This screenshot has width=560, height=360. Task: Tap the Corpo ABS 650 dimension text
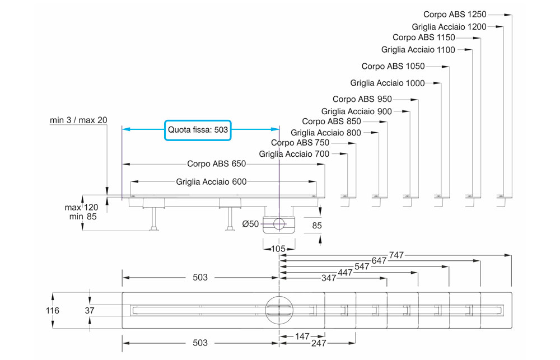216,164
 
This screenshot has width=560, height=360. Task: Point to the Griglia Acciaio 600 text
211,181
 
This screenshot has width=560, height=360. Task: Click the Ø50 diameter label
250,224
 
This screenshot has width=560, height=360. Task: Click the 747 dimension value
396,255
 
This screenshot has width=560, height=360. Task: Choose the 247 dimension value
319,343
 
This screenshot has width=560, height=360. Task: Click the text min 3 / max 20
78,120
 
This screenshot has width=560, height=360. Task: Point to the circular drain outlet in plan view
279,310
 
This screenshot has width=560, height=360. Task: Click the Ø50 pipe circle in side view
278,225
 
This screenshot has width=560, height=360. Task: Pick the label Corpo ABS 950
370,99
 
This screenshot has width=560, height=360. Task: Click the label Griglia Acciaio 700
294,154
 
